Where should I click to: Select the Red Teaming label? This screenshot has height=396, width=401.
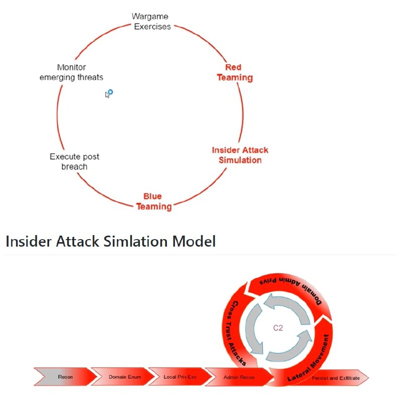pyautogui.click(x=235, y=73)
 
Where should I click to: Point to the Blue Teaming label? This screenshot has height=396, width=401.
pyautogui.click(x=153, y=202)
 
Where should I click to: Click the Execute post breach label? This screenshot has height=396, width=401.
pyautogui.click(x=74, y=161)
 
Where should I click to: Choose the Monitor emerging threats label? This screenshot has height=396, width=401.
pyautogui.click(x=71, y=72)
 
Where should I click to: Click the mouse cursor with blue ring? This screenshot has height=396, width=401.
pyautogui.click(x=109, y=93)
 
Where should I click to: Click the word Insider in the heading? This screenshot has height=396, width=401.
pyautogui.click(x=27, y=242)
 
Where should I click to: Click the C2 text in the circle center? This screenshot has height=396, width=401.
pyautogui.click(x=279, y=328)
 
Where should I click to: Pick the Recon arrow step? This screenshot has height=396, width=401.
pyautogui.click(x=66, y=376)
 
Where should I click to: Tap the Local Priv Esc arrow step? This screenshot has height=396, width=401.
pyautogui.click(x=180, y=376)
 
